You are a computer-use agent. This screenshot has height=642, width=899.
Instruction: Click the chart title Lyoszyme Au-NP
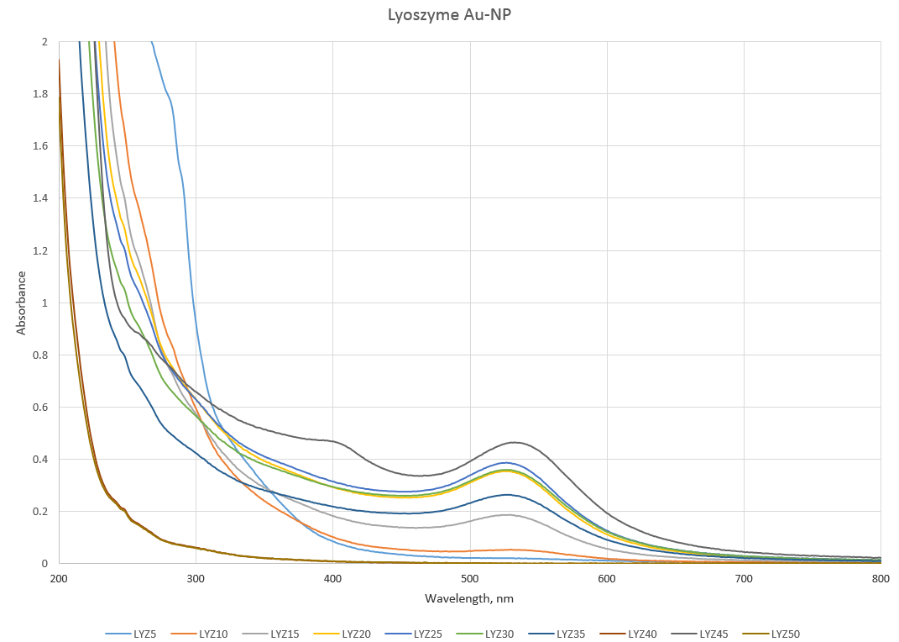point(449,14)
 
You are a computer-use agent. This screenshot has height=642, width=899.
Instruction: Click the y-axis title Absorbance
point(21,303)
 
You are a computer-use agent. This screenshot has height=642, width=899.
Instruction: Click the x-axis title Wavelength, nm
point(469,599)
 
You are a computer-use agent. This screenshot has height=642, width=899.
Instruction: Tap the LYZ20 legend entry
point(356,634)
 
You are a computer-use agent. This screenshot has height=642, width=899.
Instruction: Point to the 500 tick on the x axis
point(470,579)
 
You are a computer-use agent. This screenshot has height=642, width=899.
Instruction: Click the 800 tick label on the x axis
point(881,579)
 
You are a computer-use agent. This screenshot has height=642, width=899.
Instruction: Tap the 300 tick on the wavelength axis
point(196,579)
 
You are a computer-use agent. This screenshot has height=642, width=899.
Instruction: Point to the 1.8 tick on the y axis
point(40,94)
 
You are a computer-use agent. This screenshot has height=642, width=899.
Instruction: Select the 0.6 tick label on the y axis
point(40,408)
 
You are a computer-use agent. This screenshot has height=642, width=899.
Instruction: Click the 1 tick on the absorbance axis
point(44,303)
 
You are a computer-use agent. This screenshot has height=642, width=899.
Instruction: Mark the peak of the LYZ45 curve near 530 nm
point(514,442)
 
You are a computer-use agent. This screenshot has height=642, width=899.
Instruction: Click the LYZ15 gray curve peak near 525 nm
point(507,515)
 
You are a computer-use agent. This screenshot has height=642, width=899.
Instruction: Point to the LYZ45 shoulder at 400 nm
point(333,440)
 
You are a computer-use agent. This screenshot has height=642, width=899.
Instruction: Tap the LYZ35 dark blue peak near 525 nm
point(507,495)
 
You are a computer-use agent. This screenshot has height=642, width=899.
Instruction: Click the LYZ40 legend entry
point(642,634)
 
